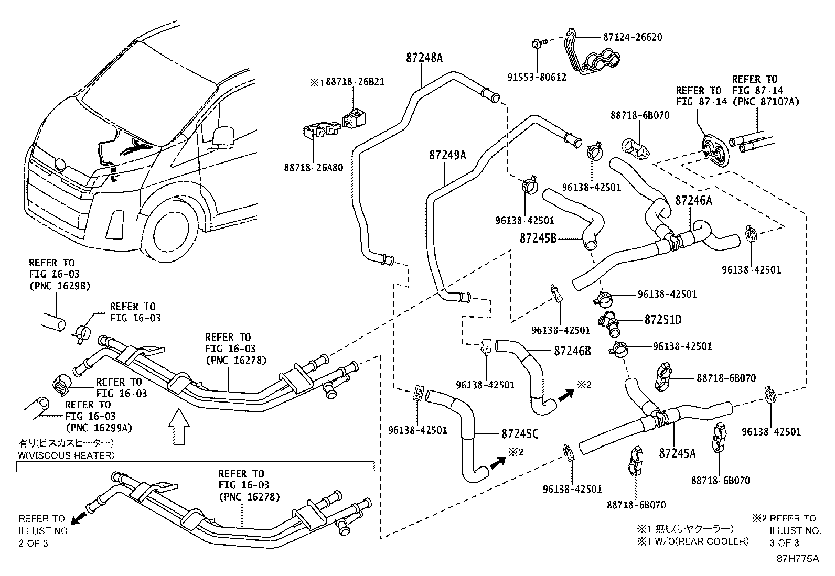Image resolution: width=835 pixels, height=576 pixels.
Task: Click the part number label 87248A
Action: click(x=424, y=58)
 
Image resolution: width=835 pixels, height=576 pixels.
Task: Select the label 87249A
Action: click(x=447, y=155)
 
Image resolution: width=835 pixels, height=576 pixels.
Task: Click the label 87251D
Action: click(x=662, y=319)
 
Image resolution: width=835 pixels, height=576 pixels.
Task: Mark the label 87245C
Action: click(x=520, y=434)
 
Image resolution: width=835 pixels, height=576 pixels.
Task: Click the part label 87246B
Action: click(x=572, y=351)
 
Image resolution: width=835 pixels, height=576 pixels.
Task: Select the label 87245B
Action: click(x=538, y=238)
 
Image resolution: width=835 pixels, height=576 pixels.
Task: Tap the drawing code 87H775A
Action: click(x=798, y=559)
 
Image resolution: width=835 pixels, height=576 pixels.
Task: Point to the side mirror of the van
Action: click(x=223, y=135)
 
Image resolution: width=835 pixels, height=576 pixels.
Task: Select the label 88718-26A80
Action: click(x=314, y=168)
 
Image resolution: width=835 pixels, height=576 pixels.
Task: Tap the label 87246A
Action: click(x=693, y=201)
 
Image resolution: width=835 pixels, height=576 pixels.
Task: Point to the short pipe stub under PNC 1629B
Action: click(x=53, y=322)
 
